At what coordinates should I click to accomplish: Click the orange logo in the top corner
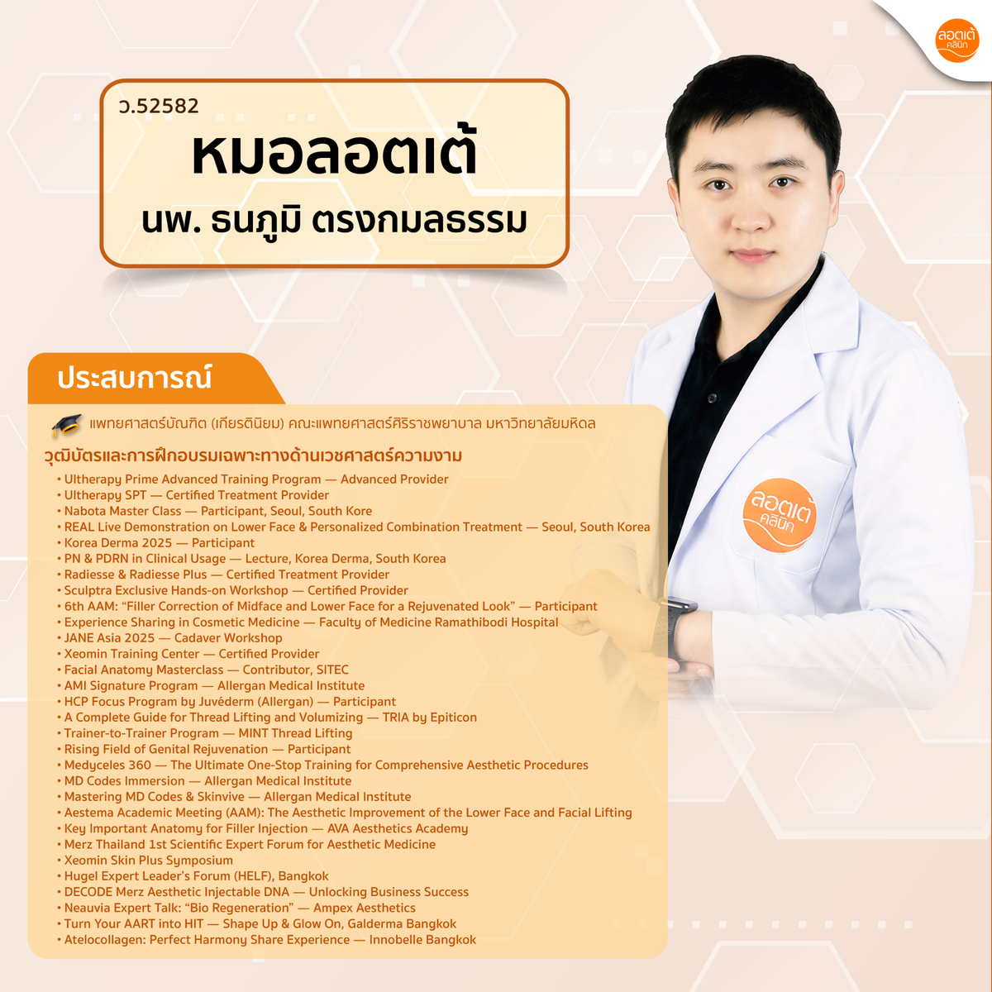point(956,41)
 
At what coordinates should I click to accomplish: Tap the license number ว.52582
point(159,106)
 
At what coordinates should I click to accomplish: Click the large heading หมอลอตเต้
point(335,153)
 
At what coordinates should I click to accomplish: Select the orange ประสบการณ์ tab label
point(135,378)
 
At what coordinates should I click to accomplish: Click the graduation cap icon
point(66,425)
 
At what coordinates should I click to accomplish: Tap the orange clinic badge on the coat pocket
point(780,515)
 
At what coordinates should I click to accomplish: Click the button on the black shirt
point(712,398)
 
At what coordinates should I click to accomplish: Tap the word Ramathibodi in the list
point(460,622)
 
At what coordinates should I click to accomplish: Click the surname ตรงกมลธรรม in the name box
point(419,222)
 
